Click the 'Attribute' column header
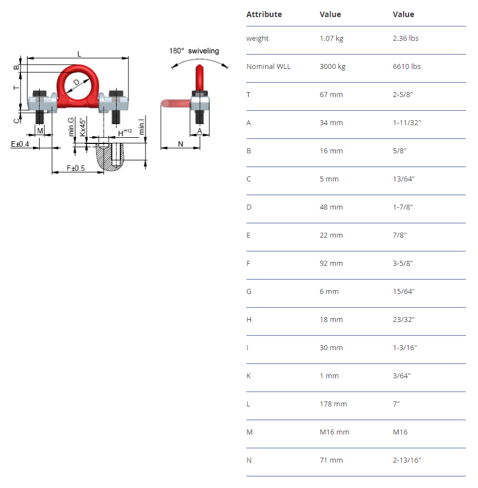[x=264, y=14]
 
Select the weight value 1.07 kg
[x=331, y=38]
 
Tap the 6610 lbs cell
[x=406, y=66]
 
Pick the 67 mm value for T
[x=331, y=95]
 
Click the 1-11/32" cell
[x=407, y=122]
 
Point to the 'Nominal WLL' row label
[x=268, y=66]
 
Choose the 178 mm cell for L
[x=333, y=404]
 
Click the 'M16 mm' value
[x=334, y=432]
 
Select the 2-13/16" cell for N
[x=407, y=460]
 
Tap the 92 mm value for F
[x=331, y=263]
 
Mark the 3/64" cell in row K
[x=401, y=376]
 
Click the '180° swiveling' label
[x=194, y=51]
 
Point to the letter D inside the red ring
[x=77, y=83]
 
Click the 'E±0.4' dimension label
[x=20, y=144]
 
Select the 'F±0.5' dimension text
[x=76, y=168]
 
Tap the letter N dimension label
[x=180, y=144]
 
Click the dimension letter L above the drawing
[x=79, y=54]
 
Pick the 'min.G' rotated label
[x=71, y=127]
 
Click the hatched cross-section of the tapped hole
[x=110, y=157]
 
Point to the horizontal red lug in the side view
[x=176, y=103]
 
